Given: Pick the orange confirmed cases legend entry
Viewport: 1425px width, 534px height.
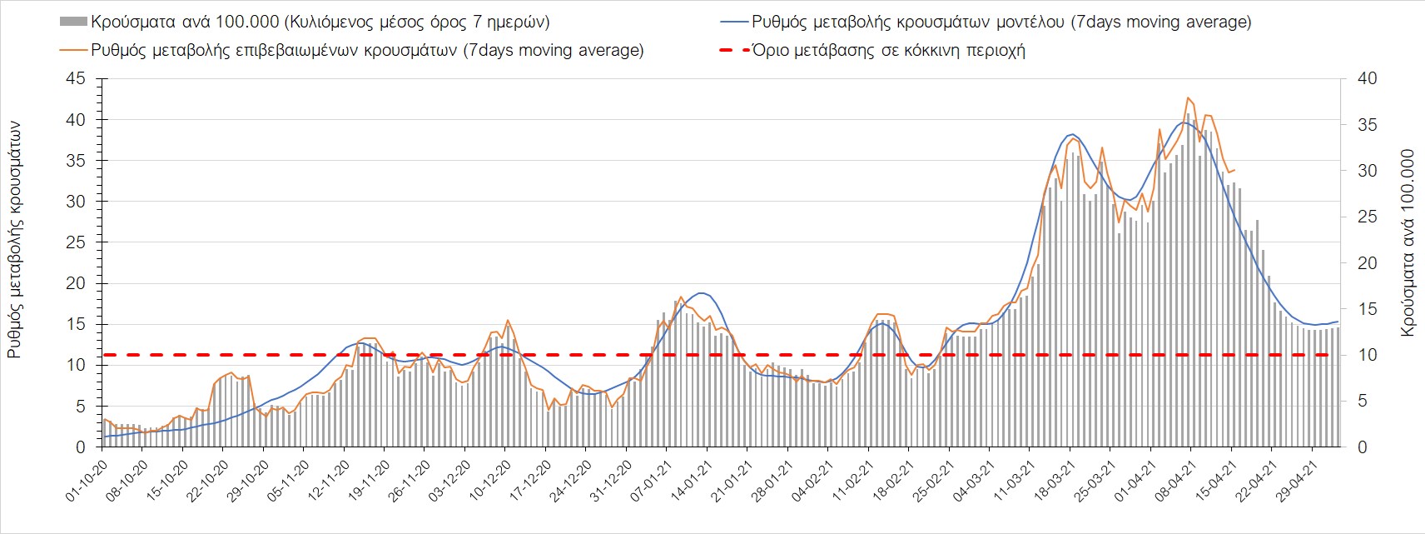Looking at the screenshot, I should tap(367, 50).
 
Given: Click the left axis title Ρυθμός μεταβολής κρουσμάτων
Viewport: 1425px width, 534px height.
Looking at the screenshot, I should tap(14, 240).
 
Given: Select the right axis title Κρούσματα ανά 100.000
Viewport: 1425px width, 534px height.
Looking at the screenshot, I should tap(1408, 242).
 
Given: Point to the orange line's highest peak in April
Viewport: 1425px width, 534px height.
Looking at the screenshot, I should tap(1189, 97).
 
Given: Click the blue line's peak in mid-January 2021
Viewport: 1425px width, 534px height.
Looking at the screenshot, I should tap(703, 293).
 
